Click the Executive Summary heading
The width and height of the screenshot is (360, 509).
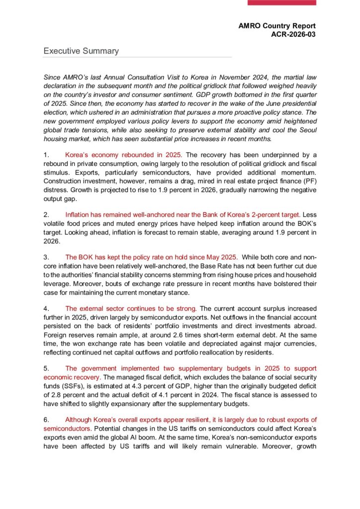coord(81,51)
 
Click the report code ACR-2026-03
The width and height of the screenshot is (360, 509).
coord(292,34)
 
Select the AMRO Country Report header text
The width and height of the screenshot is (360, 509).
coord(276,25)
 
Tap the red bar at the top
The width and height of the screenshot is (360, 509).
coord(281,2)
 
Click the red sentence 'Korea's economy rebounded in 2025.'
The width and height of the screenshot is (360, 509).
coord(124,156)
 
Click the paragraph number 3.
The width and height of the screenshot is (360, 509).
coord(46,257)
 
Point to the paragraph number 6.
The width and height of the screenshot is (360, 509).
coord(46,420)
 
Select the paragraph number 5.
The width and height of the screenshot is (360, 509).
coord(46,368)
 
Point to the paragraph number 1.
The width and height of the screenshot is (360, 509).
coord(46,156)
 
